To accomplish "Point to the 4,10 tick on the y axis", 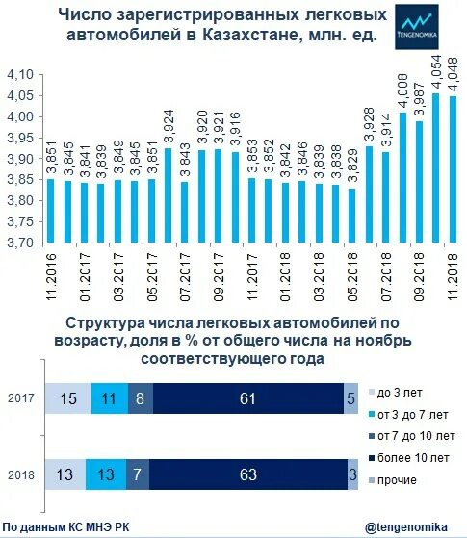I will (x=20, y=75).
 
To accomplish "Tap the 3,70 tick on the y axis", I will (x=20, y=244).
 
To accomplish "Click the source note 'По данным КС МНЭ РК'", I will (x=66, y=526).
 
